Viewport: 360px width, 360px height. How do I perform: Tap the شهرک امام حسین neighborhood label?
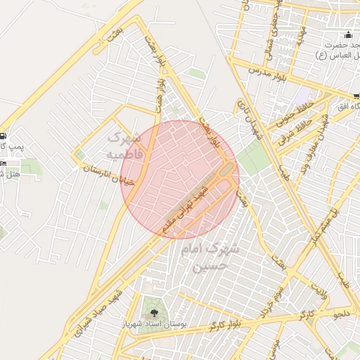coord(210,257)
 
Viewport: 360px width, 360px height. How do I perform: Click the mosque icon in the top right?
coord(348,35)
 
